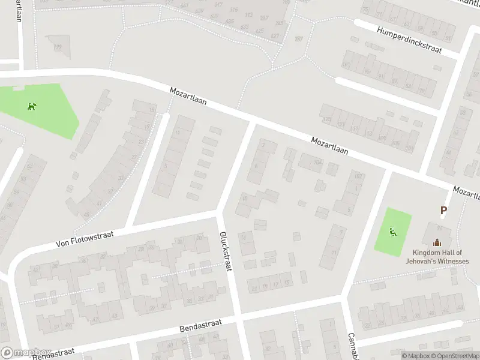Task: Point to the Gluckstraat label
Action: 225,252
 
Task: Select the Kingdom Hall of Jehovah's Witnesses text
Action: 440,257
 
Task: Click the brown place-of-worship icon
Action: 437,242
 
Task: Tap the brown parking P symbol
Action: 444,211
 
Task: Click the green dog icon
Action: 32,107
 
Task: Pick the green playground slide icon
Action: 394,231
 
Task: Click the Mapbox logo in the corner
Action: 25,353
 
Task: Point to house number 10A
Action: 317,162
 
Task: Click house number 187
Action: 298,39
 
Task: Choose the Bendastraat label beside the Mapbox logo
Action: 54,353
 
